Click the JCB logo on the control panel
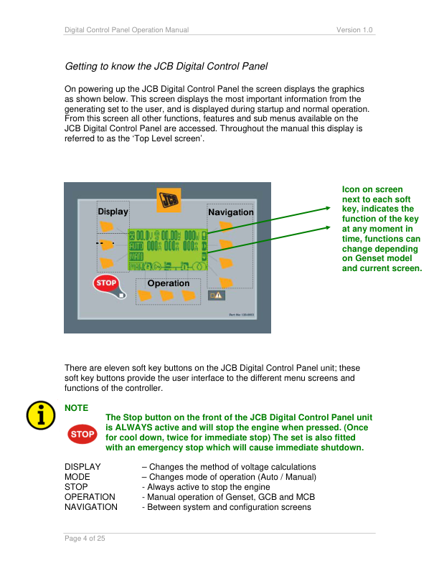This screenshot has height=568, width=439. coord(169,199)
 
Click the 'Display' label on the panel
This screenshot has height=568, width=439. coord(113,212)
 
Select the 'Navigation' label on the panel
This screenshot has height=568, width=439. coord(230,212)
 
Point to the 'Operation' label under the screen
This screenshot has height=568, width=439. coord(168,283)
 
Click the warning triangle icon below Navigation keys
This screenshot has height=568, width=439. coord(216,295)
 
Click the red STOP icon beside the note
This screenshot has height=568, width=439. coord(82,434)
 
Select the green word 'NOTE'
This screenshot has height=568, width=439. coord(77,407)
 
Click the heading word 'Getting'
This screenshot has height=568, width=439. coord(82,67)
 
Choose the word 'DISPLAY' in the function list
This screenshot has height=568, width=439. coord(82,467)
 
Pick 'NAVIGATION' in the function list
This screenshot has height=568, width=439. coord(91,507)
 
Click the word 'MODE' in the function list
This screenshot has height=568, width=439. coord(77,477)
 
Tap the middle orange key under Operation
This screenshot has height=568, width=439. coord(170,295)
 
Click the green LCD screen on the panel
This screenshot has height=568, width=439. coord(166,250)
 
